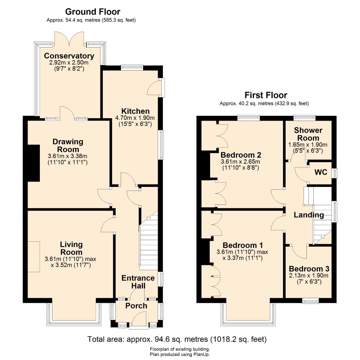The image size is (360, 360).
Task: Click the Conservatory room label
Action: pyautogui.click(x=69, y=56)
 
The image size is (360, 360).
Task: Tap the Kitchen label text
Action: pyautogui.click(x=135, y=111)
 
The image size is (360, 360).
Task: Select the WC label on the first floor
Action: pyautogui.click(x=321, y=172)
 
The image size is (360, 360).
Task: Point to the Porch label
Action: pyautogui.click(x=136, y=306)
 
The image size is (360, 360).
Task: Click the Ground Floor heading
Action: pyautogui.click(x=93, y=11)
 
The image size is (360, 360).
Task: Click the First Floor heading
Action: pyautogui.click(x=266, y=95)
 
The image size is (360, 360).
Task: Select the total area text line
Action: pyautogui.click(x=177, y=339)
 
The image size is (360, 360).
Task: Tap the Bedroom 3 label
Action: pyautogui.click(x=309, y=269)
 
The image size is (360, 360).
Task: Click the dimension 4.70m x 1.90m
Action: pyautogui.click(x=135, y=118)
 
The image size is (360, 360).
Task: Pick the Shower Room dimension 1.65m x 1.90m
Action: pyautogui.click(x=308, y=145)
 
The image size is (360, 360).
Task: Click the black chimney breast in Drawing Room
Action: pyautogui.click(x=34, y=163)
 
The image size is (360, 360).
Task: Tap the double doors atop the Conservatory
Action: pyautogui.click(x=70, y=39)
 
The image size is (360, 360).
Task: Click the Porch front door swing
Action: pyautogui.click(x=139, y=318)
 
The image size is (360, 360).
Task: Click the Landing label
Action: pyautogui.click(x=309, y=215)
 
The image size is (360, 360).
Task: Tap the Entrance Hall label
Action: pyautogui.click(x=138, y=282)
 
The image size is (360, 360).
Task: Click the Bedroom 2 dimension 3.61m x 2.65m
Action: pyautogui.click(x=241, y=162)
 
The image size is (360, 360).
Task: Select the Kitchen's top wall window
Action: pyautogui.click(x=132, y=67)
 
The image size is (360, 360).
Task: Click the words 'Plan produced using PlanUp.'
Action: pyautogui.click(x=180, y=354)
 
